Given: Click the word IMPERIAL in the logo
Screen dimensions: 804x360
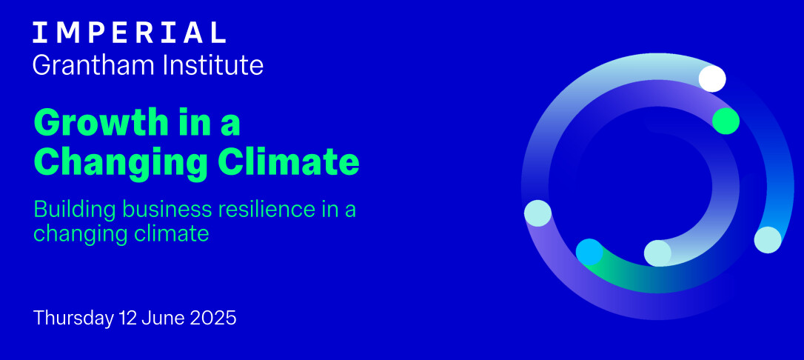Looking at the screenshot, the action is click(130, 33).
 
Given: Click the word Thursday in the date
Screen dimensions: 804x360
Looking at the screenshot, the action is click(73, 318).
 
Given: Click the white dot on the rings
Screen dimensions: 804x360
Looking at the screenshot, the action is click(712, 79).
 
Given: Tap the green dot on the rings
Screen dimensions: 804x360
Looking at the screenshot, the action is click(726, 121).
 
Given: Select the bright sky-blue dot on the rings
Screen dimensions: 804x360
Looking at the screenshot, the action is click(589, 252).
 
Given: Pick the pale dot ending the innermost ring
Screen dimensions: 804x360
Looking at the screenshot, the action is click(657, 253).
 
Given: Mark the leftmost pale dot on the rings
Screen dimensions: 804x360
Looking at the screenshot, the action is click(538, 213).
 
